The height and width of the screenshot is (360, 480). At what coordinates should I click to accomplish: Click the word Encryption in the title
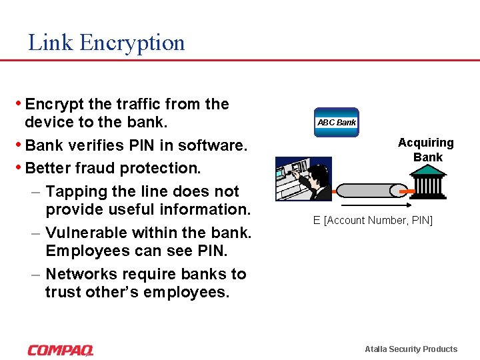coord(132,43)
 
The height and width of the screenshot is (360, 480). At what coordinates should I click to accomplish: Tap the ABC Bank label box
coord(336,123)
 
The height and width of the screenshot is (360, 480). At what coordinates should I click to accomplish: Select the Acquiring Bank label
coord(425,150)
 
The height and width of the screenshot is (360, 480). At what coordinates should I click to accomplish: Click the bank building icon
coord(427,181)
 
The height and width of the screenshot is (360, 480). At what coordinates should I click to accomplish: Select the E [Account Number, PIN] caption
coord(373,221)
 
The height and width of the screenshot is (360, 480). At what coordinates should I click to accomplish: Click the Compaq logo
coord(61,350)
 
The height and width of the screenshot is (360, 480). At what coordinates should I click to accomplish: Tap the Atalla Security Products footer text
coord(411,349)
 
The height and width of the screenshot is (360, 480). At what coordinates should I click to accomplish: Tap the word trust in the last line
coord(63,292)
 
